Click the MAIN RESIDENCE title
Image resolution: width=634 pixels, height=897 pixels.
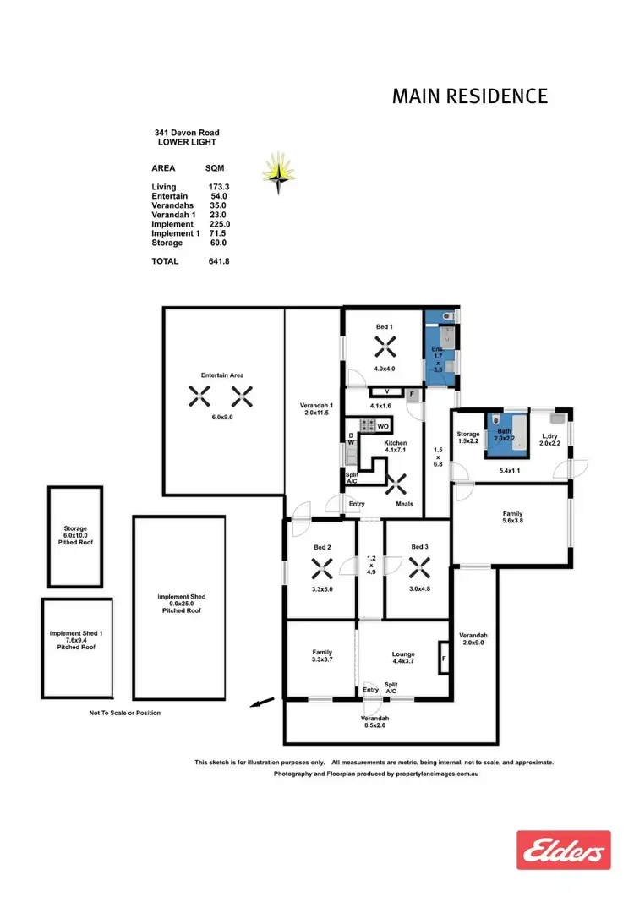(x=469, y=96)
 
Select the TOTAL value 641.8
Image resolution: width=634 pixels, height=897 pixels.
(x=218, y=262)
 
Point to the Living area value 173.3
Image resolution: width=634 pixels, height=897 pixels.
(x=219, y=187)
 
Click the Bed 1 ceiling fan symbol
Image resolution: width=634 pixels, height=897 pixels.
(x=385, y=345)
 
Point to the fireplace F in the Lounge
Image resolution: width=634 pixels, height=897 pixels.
(x=443, y=658)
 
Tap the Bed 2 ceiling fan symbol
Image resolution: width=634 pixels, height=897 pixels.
(x=320, y=566)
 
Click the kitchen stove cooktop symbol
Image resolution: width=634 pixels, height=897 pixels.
(x=368, y=426)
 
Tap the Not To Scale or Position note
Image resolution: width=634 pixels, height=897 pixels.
(x=124, y=714)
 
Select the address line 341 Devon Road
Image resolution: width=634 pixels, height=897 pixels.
(x=187, y=133)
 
